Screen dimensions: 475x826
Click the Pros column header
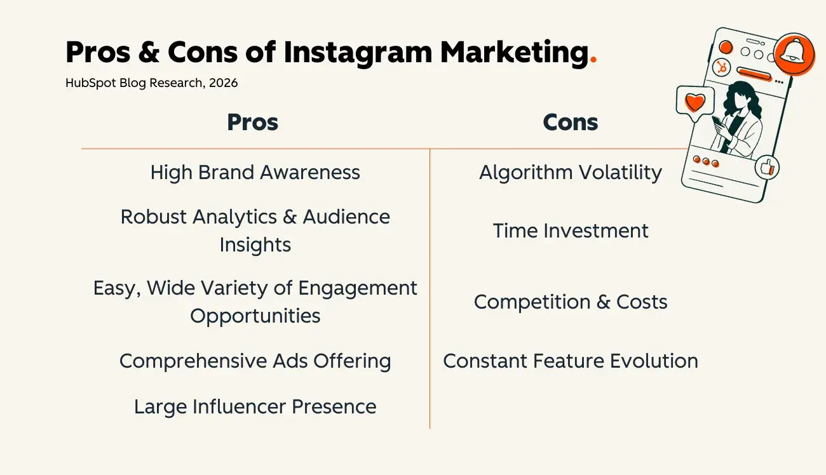point(252,123)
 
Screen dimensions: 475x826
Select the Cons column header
point(570,123)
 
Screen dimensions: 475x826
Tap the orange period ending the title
point(593,61)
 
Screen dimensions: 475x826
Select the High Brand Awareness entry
point(255,172)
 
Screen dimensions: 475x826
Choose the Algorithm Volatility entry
point(570,172)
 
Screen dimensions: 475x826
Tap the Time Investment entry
point(570,231)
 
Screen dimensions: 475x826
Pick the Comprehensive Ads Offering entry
point(255,361)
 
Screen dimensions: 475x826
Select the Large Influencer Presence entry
point(255,406)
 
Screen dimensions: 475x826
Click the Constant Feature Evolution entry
point(570,361)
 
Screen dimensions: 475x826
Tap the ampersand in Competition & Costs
point(603,302)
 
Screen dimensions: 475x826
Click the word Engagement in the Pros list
point(358,288)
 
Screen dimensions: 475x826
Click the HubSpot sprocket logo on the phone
point(722,67)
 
